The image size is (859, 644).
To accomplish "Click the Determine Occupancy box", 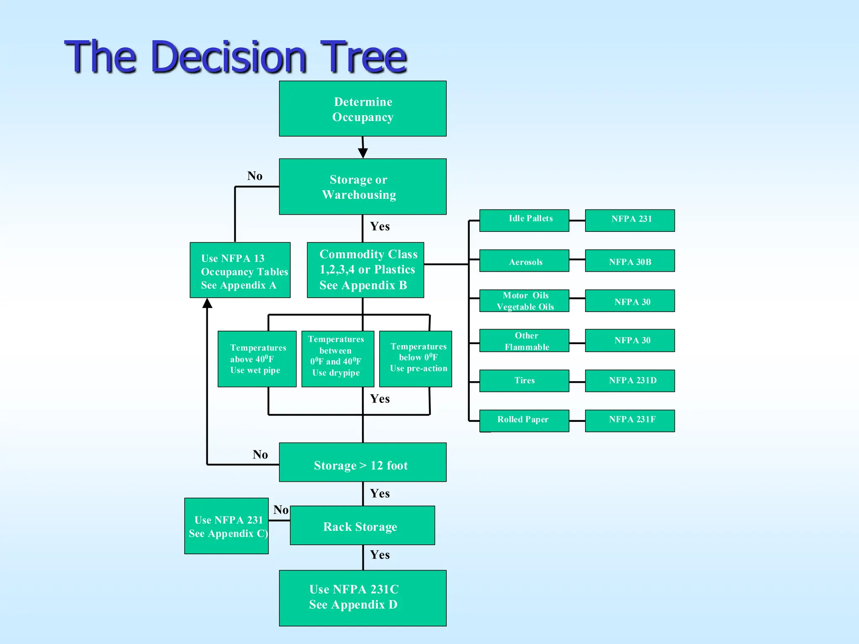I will pyautogui.click(x=362, y=109).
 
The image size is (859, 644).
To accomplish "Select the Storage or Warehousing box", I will pyautogui.click(x=362, y=187).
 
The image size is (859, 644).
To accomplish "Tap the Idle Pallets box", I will pyautogui.click(x=524, y=221).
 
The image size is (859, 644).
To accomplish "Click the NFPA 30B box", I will pyautogui.click(x=630, y=261).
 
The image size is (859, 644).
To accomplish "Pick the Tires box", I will pyautogui.click(x=524, y=381).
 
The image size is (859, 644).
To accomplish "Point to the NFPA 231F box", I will pyautogui.click(x=630, y=421).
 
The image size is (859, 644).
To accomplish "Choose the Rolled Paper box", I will pyautogui.click(x=524, y=421).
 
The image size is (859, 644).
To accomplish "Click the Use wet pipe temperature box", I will pyautogui.click(x=257, y=359).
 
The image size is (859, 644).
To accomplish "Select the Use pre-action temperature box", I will pyautogui.click(x=415, y=359).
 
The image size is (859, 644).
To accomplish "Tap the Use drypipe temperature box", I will pyautogui.click(x=338, y=359).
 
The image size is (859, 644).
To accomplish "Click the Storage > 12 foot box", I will pyautogui.click(x=362, y=462).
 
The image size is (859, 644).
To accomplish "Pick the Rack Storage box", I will pyautogui.click(x=362, y=525).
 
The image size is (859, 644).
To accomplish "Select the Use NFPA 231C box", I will pyautogui.click(x=362, y=598).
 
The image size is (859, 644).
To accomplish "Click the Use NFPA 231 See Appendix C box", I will pyautogui.click(x=226, y=526).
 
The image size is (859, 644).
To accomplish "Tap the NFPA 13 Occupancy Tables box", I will pyautogui.click(x=240, y=270).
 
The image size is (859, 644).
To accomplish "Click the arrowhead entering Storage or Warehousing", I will pyautogui.click(x=363, y=153).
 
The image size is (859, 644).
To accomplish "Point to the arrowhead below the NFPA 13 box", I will pyautogui.click(x=207, y=303).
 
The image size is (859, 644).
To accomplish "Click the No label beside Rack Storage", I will pyautogui.click(x=281, y=510).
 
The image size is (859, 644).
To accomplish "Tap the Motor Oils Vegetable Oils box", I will pyautogui.click(x=524, y=301).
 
